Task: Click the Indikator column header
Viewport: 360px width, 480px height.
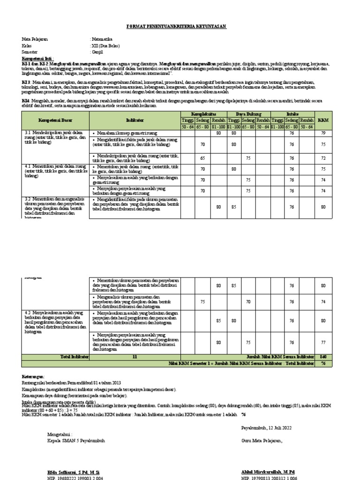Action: click(135, 120)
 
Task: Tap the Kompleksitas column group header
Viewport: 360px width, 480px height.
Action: click(203, 114)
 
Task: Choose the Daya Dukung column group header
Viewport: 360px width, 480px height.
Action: click(249, 114)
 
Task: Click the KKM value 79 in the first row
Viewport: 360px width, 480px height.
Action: click(322, 133)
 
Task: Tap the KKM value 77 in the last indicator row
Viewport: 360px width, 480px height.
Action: click(322, 343)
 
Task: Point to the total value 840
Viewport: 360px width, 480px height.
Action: click(322, 357)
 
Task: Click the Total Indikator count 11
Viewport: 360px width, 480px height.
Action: click(135, 357)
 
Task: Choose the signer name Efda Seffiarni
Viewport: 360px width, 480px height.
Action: click(70, 471)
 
